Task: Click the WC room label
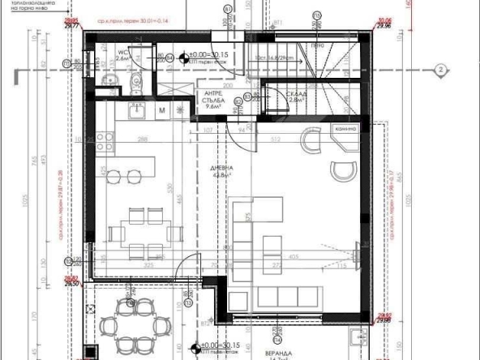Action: coord(122,55)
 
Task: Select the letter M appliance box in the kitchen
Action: coord(162,110)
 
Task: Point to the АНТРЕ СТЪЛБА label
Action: coord(214,100)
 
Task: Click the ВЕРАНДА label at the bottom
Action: coord(281,353)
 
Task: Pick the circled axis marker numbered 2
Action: coord(439,71)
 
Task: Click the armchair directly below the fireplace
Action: coord(343,171)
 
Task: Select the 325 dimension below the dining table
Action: coord(148,264)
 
